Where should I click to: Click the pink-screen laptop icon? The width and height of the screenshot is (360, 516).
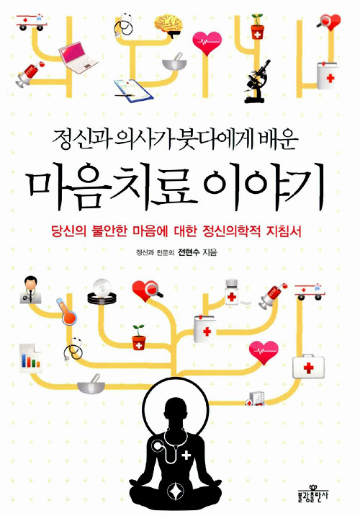coord(77,58)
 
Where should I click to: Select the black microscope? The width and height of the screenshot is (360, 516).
coord(258,81)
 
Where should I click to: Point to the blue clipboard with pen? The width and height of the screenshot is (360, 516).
coord(133,89)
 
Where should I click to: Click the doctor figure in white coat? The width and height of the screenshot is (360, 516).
coord(30,290)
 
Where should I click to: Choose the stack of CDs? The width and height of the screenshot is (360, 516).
coord(102,291)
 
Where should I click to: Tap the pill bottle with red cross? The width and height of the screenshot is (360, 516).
coord(232,292)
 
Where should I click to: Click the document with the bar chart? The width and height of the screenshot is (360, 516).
coord(30,358)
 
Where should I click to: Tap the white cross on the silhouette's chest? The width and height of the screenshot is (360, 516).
coord(186,455)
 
